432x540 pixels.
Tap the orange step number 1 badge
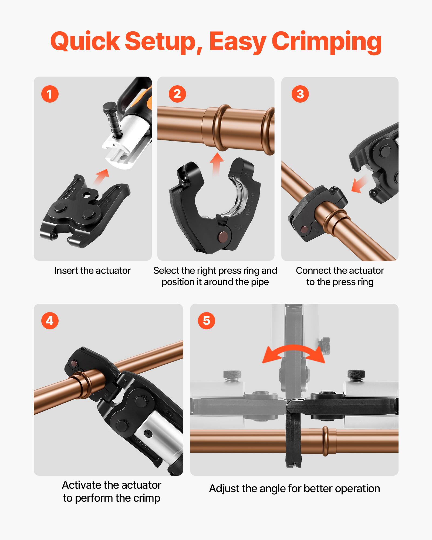coord(50,94)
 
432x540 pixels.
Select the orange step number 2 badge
coord(177,94)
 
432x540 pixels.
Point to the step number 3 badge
coord(300,94)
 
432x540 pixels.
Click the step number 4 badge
coord(50,321)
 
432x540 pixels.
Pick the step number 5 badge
coord(206,321)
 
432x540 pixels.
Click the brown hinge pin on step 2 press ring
coord(223,236)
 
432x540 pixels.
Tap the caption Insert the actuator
coord(92,271)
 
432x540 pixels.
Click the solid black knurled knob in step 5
coord(356,374)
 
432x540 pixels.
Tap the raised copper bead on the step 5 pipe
coord(326,441)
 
